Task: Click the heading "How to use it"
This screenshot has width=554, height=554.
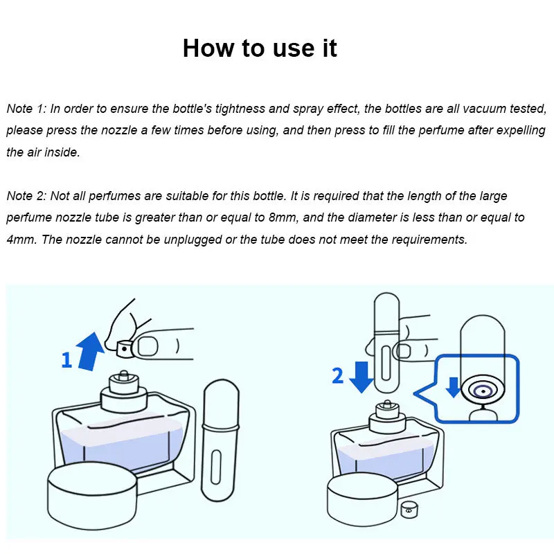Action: pyautogui.click(x=260, y=48)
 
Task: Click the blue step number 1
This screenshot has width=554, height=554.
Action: pyautogui.click(x=66, y=360)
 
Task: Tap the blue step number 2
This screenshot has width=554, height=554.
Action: pyautogui.click(x=337, y=375)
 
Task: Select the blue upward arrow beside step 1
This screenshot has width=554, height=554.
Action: pyautogui.click(x=91, y=351)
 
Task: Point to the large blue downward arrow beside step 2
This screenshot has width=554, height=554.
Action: pyautogui.click(x=361, y=377)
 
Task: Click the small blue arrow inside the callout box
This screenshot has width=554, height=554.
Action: pyautogui.click(x=453, y=387)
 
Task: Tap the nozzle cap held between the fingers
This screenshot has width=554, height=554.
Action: pyautogui.click(x=125, y=349)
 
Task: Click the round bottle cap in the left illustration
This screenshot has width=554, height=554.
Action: pyautogui.click(x=92, y=494)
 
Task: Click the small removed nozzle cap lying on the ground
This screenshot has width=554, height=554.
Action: pyautogui.click(x=409, y=510)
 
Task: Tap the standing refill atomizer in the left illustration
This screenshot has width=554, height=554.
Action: pyautogui.click(x=220, y=440)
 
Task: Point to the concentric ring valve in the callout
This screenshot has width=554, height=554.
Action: pyautogui.click(x=483, y=391)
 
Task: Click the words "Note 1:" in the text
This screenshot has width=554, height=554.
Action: pyautogui.click(x=26, y=109)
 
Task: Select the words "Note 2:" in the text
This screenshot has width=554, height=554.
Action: pyautogui.click(x=26, y=196)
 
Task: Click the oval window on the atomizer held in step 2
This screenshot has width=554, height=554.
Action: pyautogui.click(x=386, y=363)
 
